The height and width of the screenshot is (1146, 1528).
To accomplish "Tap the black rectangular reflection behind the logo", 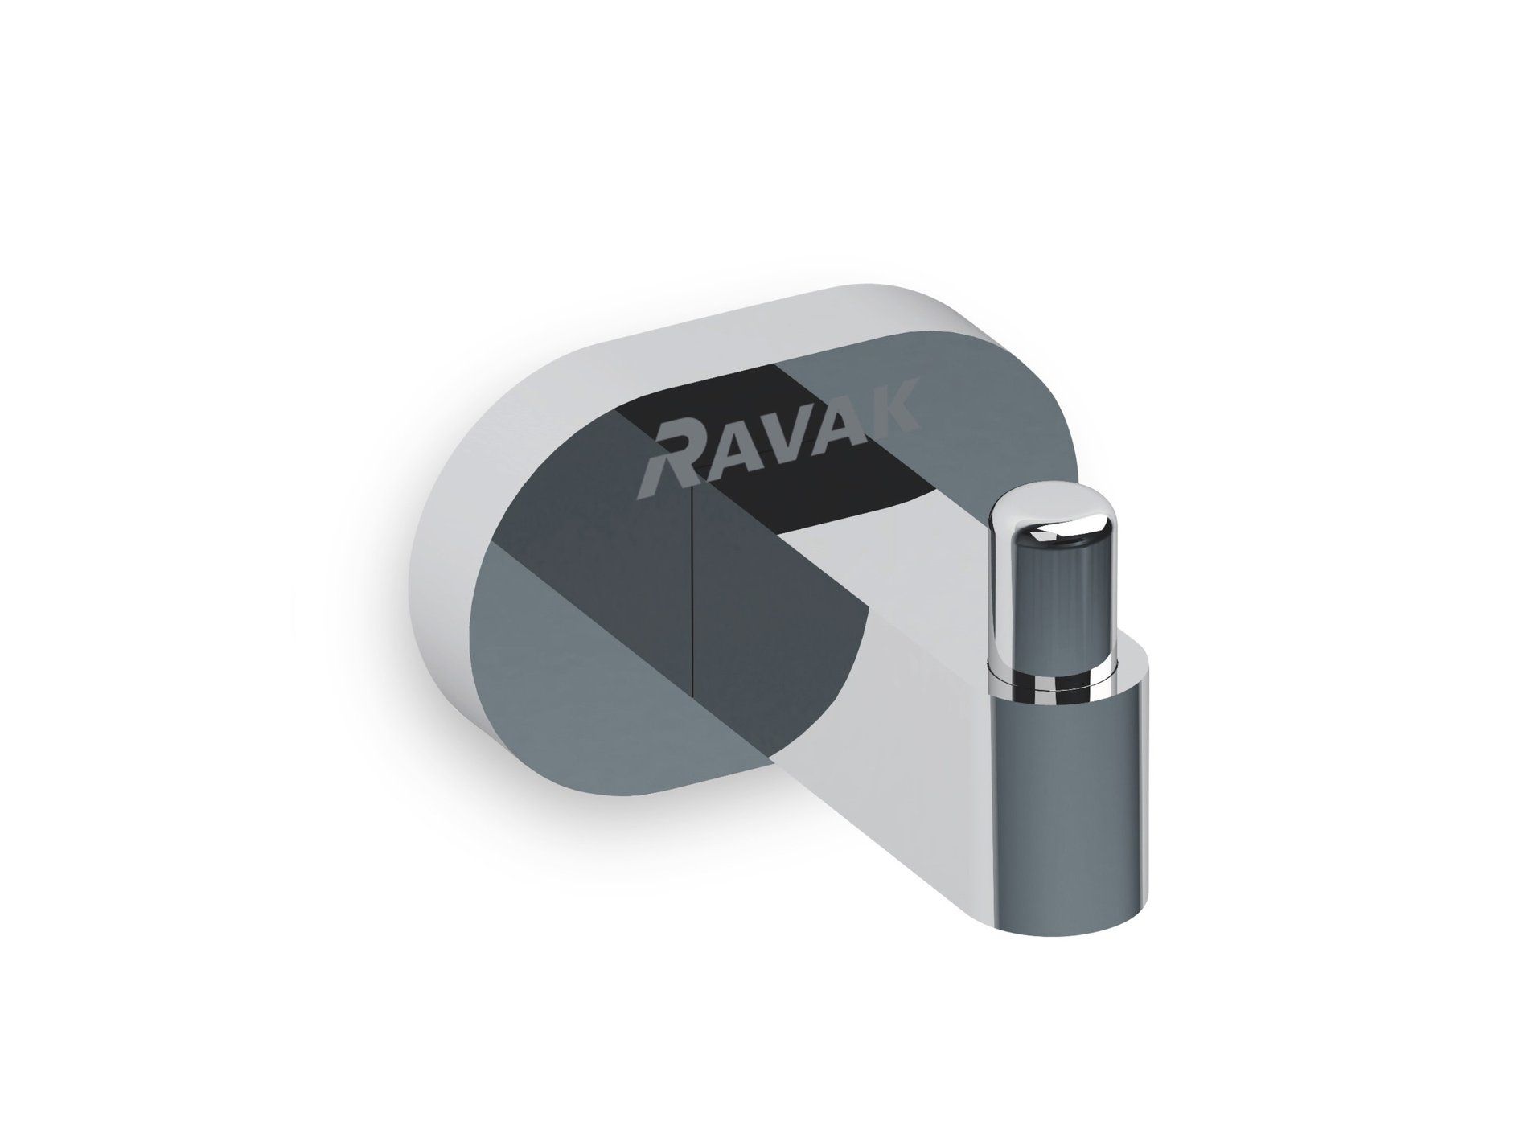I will [x=812, y=474].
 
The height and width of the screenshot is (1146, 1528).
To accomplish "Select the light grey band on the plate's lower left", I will [x=563, y=684].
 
